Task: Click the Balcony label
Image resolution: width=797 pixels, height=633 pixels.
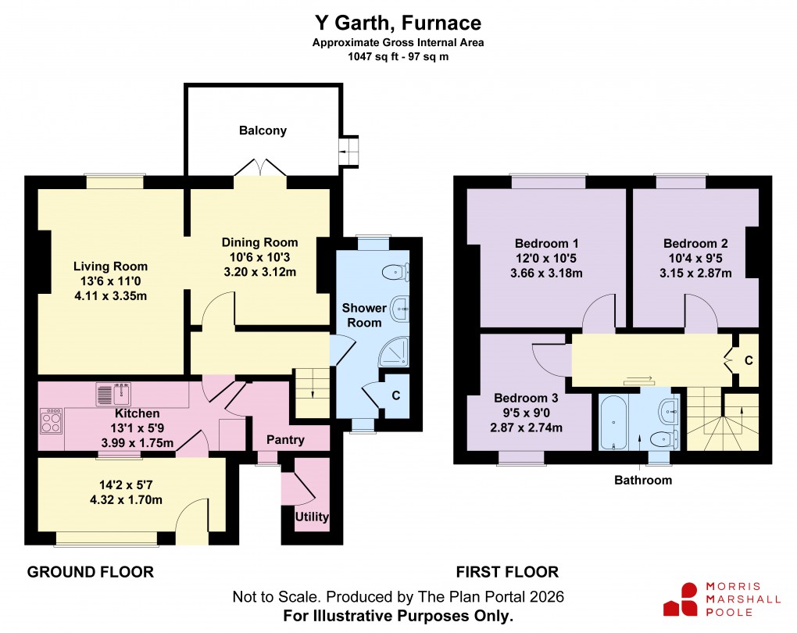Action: click(x=263, y=131)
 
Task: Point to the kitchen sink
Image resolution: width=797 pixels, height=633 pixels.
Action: click(x=114, y=394)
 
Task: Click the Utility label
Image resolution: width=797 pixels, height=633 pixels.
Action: click(x=312, y=517)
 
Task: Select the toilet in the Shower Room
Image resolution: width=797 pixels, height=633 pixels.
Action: click(x=396, y=272)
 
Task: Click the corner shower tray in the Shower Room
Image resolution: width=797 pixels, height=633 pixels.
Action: click(x=394, y=354)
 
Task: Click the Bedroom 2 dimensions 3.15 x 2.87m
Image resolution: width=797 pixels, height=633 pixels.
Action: click(x=695, y=273)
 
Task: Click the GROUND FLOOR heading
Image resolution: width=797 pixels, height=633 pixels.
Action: click(x=91, y=572)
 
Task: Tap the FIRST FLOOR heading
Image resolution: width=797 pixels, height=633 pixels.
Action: click(x=508, y=572)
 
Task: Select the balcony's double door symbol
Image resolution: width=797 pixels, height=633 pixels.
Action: click(x=258, y=168)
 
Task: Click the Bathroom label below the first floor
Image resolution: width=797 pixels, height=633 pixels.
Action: click(x=642, y=480)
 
